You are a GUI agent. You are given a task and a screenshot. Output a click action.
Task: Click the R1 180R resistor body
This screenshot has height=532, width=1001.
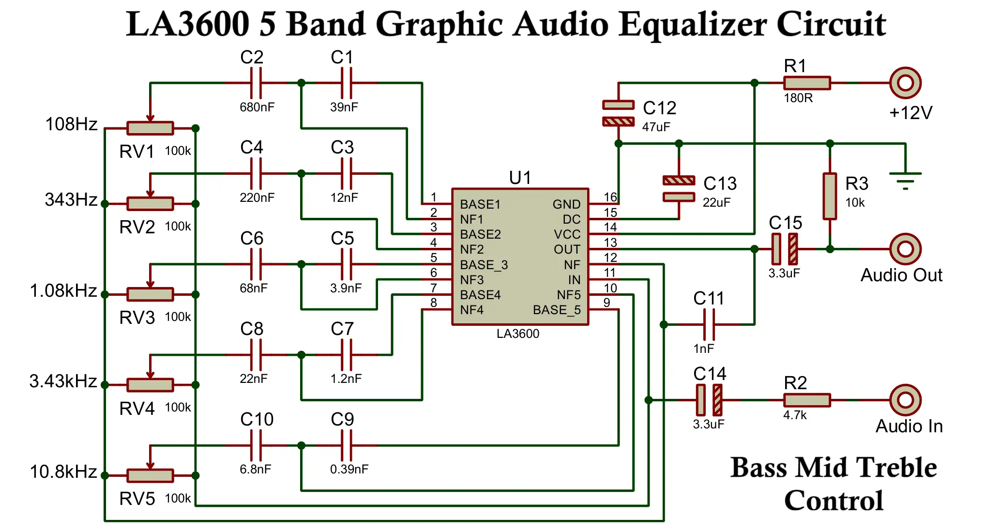coord(807,83)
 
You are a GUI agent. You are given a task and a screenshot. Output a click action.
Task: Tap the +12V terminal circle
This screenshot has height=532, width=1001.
coord(905,83)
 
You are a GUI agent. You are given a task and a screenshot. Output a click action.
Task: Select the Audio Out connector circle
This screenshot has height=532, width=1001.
coord(905,249)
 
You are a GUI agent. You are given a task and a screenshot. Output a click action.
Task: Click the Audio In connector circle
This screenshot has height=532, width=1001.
coord(905,400)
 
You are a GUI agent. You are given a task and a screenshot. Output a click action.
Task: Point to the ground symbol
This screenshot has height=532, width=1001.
coord(905,180)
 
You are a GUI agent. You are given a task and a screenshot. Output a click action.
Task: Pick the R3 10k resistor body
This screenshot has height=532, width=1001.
coord(830,196)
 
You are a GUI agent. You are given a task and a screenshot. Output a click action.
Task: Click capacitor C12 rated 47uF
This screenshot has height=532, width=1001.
coord(618,113)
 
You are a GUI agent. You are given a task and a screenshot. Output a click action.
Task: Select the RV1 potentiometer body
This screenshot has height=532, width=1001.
coord(150,128)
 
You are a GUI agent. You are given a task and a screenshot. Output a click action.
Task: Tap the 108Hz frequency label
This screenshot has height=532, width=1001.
coord(71,124)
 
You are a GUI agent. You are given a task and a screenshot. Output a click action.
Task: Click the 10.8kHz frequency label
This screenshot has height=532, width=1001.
coord(63,471)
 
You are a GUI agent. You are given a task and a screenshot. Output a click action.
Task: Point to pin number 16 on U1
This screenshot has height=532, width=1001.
coord(610,197)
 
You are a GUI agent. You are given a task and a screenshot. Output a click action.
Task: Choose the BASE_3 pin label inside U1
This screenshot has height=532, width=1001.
coord(484,265)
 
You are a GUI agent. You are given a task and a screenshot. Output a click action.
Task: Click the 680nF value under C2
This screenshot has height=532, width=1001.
coord(257,107)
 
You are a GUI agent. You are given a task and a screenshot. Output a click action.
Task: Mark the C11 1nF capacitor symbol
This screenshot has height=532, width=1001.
coord(709,324)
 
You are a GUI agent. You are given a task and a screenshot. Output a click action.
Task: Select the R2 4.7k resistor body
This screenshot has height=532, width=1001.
coord(807,400)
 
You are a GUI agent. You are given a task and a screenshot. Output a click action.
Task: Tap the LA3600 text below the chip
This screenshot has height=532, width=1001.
coord(517,334)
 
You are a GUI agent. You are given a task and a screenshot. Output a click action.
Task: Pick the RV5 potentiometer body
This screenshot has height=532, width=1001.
coord(150,475)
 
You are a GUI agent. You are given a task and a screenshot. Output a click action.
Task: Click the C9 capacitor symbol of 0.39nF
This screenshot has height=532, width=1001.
coord(347,445)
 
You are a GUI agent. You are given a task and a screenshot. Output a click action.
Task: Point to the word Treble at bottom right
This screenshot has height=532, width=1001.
coord(896,468)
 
